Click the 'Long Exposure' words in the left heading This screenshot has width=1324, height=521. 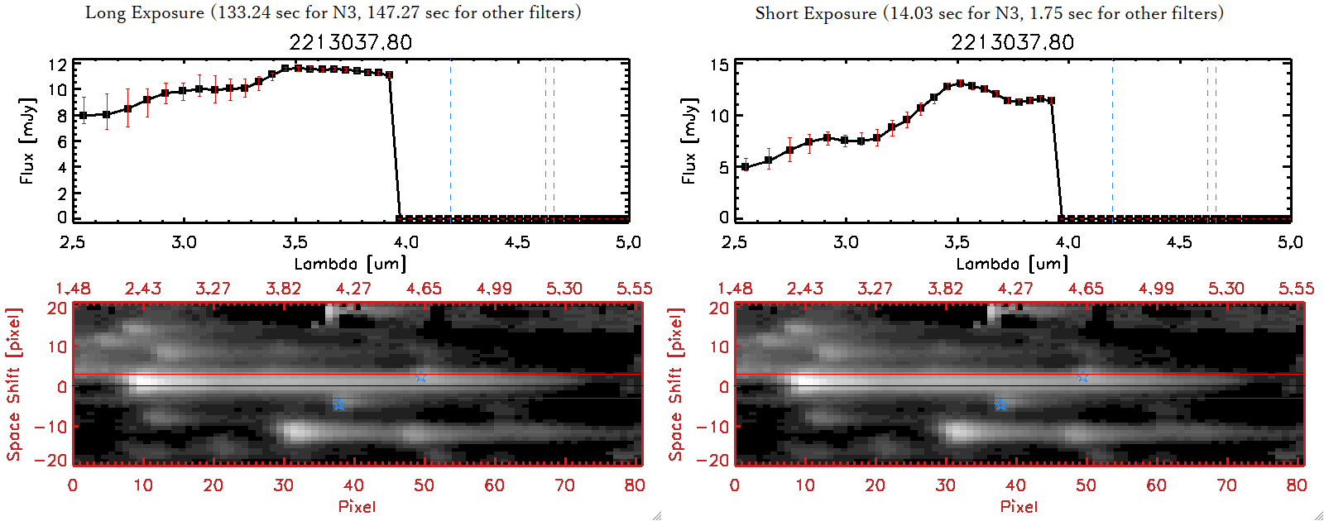[145, 12]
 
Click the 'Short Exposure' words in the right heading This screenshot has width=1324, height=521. [815, 13]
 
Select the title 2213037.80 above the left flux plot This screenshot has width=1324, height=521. [350, 42]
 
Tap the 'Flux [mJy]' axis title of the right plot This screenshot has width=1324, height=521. [688, 141]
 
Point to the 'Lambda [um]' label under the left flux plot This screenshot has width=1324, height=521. [350, 264]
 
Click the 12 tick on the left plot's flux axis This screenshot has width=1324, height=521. [57, 65]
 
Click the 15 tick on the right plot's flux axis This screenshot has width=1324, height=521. [719, 65]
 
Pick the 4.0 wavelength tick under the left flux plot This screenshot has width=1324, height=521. [405, 242]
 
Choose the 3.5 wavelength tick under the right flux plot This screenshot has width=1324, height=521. [957, 242]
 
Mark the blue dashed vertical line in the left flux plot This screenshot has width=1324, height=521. [450, 141]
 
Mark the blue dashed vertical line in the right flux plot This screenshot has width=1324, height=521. [1112, 141]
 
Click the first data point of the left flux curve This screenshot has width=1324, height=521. [83, 116]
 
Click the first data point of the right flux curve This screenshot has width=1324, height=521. [746, 167]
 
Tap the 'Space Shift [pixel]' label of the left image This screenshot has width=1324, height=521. [13, 385]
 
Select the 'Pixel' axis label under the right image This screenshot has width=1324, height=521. [1019, 506]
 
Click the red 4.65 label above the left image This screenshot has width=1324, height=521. [424, 289]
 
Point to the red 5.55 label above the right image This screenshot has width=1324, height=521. [1296, 289]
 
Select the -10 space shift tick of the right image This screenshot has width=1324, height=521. [712, 426]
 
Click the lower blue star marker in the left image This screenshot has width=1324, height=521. [338, 404]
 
